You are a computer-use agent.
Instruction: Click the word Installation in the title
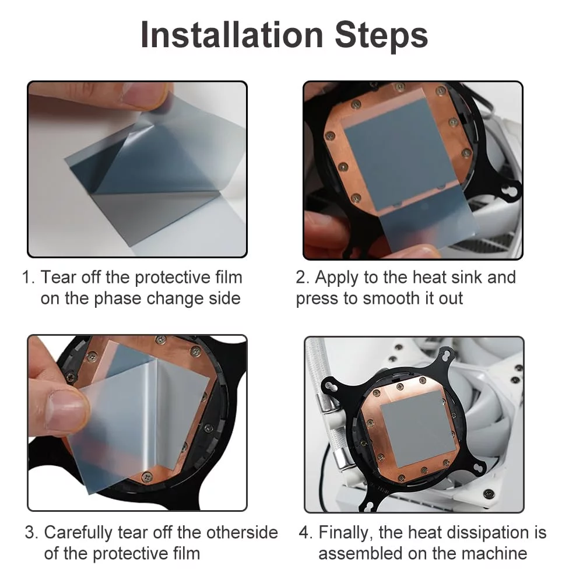click(232, 35)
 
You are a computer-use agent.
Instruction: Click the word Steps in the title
click(381, 36)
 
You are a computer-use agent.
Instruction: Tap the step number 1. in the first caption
click(29, 278)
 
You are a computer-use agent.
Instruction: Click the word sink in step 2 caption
click(463, 278)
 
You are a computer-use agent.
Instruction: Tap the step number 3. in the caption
click(31, 532)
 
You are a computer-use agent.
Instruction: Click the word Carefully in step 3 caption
click(78, 533)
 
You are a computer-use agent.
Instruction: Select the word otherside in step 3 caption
click(242, 532)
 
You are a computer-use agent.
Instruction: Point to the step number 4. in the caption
click(306, 532)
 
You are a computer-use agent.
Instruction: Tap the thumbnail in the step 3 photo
click(66, 412)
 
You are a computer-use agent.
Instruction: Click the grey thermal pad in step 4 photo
click(413, 428)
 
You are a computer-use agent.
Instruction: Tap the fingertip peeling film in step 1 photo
click(146, 95)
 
